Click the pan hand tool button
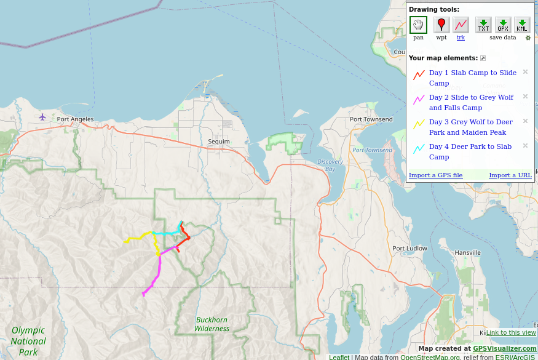pyautogui.click(x=418, y=25)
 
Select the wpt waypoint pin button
pyautogui.click(x=441, y=25)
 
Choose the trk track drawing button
pyautogui.click(x=461, y=25)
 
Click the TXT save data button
pyautogui.click(x=484, y=25)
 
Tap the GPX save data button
pyautogui.click(x=503, y=25)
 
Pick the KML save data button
pyautogui.click(x=522, y=25)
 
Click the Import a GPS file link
pyautogui.click(x=435, y=175)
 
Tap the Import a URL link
pyautogui.click(x=510, y=175)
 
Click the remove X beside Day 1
pyautogui.click(x=525, y=72)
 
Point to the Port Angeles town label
pyautogui.click(x=75, y=119)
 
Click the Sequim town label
pyautogui.click(x=218, y=142)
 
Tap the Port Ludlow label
pyautogui.click(x=409, y=249)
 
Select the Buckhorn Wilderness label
pyautogui.click(x=212, y=324)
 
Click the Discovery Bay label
pyautogui.click(x=330, y=165)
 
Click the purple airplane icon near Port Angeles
pyautogui.click(x=42, y=117)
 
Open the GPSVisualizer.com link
pyautogui.click(x=504, y=348)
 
